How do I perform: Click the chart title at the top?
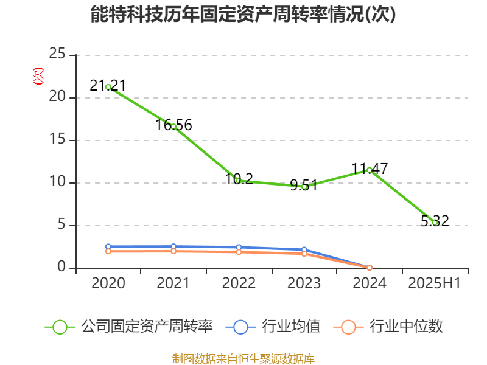click(243, 15)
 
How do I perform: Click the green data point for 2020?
click(108, 87)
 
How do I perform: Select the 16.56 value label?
click(173, 125)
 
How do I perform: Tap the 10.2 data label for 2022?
click(239, 179)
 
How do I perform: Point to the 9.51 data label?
click(304, 186)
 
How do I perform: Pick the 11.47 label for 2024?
click(369, 169)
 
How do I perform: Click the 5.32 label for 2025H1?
click(435, 221)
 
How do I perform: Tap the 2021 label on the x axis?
click(173, 283)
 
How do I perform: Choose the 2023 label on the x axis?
click(304, 283)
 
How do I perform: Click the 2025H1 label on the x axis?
click(434, 283)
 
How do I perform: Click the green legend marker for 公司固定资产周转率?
click(60, 327)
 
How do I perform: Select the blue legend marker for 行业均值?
click(240, 327)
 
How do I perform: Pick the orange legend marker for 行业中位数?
click(348, 327)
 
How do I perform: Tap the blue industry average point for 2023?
click(304, 250)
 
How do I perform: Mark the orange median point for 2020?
click(108, 251)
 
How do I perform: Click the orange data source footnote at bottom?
click(243, 358)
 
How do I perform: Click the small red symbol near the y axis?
click(38, 76)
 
